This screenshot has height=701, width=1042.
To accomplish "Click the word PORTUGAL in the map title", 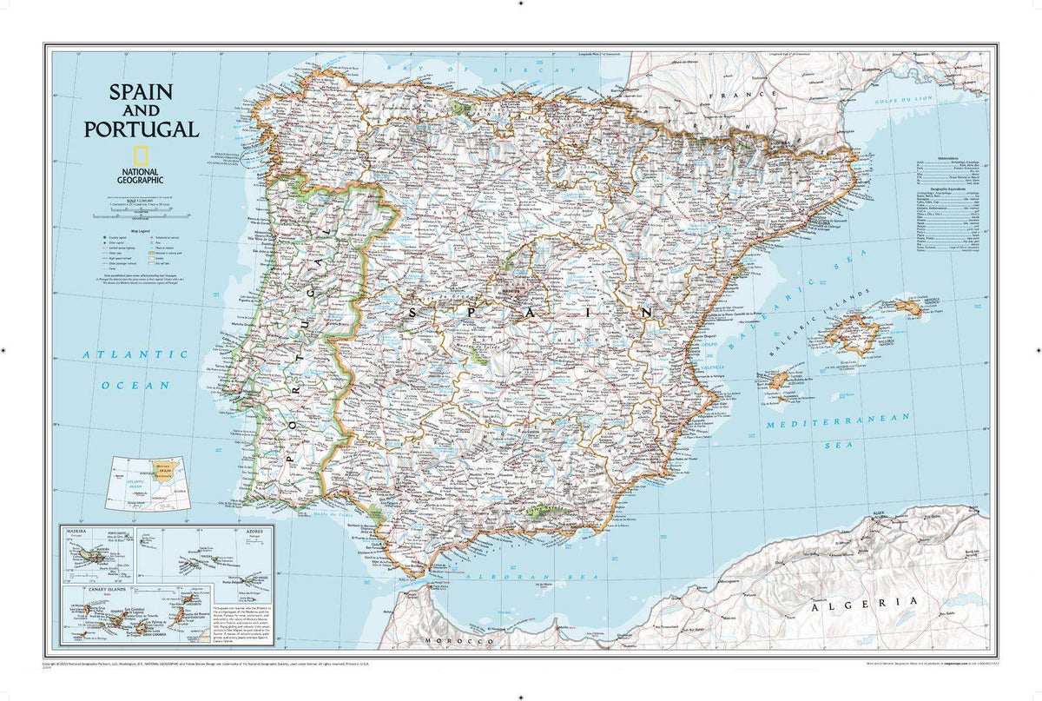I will tap(141, 129).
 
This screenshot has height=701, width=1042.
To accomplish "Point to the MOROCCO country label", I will tap(454, 641).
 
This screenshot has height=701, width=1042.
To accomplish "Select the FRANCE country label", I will tap(741, 93).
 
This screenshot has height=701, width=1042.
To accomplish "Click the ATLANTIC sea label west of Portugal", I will tap(135, 354).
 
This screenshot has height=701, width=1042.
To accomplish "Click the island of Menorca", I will tap(907, 307).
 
